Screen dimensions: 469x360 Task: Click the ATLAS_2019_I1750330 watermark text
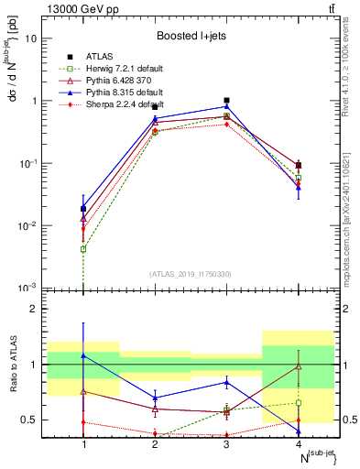click(191, 274)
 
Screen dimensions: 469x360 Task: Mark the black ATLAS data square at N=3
click(226, 101)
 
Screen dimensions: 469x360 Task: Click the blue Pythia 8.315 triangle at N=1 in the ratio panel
click(83, 355)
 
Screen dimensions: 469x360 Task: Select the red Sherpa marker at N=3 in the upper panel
click(226, 124)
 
